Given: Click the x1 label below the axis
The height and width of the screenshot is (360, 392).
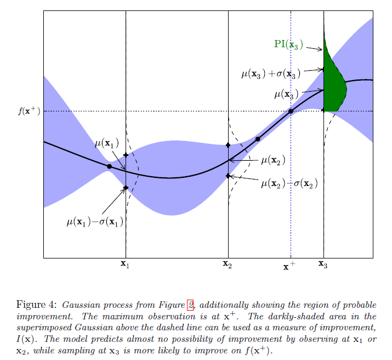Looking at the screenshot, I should click(x=126, y=265).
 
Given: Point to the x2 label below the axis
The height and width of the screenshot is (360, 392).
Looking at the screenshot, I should click(x=228, y=265).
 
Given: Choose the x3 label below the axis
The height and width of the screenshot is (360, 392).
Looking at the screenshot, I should click(x=323, y=265).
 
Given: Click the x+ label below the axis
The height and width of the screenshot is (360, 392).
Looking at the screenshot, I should click(x=289, y=267).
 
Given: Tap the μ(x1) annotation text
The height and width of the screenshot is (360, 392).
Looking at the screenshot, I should click(x=107, y=144).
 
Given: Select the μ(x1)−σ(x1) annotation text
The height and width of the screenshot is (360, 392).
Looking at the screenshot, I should click(x=95, y=222).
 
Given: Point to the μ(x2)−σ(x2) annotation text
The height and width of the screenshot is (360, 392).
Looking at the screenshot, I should click(x=289, y=182).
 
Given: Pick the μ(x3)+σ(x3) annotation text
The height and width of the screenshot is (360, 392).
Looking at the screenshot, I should click(x=271, y=72).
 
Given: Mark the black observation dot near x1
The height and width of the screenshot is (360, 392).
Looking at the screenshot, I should click(x=110, y=166).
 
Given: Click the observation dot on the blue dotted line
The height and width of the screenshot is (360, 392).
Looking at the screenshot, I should click(x=291, y=111).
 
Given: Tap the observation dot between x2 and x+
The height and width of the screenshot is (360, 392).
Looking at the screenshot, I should click(x=258, y=139).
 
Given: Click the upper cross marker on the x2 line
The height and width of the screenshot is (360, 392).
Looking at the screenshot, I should click(x=228, y=145).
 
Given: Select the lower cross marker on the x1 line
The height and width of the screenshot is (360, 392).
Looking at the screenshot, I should click(x=126, y=188).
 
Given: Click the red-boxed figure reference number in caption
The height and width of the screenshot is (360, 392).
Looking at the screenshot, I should click(x=190, y=305).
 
